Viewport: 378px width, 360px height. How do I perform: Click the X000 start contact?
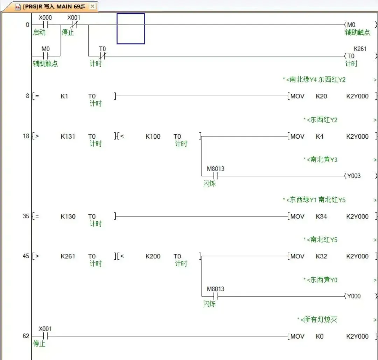[45, 25]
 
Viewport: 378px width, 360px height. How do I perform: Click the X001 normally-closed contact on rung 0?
[73, 25]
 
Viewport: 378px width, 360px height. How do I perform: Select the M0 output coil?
[350, 25]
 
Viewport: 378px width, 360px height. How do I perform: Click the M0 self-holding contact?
[45, 56]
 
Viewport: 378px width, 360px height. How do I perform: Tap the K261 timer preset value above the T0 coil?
[360, 49]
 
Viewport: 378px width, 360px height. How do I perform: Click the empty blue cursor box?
[131, 28]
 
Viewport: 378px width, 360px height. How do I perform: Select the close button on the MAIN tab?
[92, 7]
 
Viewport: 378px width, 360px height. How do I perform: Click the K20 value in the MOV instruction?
[321, 96]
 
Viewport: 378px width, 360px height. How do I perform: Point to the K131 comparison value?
[68, 136]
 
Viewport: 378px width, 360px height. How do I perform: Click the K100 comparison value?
[153, 136]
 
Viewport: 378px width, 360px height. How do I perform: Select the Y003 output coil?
[353, 176]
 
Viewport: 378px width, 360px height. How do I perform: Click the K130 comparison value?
[68, 216]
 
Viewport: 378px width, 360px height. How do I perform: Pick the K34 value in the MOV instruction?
[321, 216]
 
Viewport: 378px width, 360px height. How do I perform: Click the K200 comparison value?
[153, 256]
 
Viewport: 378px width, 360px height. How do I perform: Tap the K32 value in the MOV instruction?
[321, 256]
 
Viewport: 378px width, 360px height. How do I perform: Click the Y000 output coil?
[353, 296]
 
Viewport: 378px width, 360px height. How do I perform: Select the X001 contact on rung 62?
[45, 336]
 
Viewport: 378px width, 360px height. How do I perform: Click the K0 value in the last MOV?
[320, 336]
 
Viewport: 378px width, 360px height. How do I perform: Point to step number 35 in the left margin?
[26, 216]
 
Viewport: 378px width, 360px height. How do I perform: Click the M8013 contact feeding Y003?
[216, 176]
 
